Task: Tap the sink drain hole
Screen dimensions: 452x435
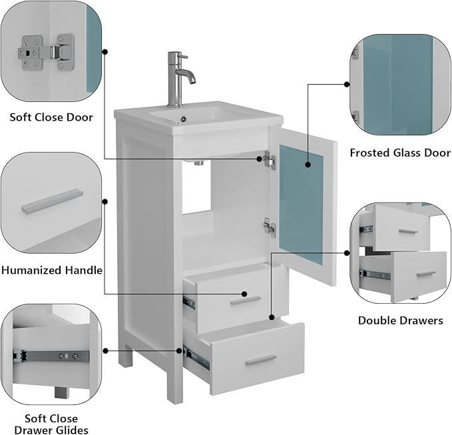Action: (183, 118)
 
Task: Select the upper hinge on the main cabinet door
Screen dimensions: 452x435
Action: (270, 160)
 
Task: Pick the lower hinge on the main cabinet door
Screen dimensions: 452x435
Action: (269, 227)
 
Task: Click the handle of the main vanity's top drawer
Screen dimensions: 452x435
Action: (246, 300)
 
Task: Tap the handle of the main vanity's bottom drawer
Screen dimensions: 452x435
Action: (260, 360)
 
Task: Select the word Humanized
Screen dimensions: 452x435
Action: (31, 270)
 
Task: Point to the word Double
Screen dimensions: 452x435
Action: (377, 320)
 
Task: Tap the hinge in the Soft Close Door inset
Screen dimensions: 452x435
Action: (46, 53)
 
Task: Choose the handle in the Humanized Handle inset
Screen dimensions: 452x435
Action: (52, 201)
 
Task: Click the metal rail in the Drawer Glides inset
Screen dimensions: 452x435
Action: (51, 356)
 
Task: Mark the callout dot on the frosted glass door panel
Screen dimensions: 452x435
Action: (308, 165)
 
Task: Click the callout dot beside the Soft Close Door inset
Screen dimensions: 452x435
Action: (105, 52)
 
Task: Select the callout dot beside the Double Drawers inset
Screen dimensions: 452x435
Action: (347, 253)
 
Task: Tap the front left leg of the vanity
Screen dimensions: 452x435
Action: (174, 375)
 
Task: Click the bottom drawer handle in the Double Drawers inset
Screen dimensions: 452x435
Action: (426, 274)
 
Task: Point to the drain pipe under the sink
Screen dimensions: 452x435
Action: (198, 163)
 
